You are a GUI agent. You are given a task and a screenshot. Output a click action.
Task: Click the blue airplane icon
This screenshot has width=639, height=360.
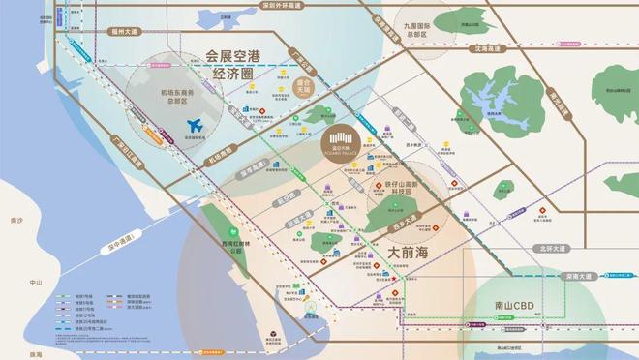click(195, 125)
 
